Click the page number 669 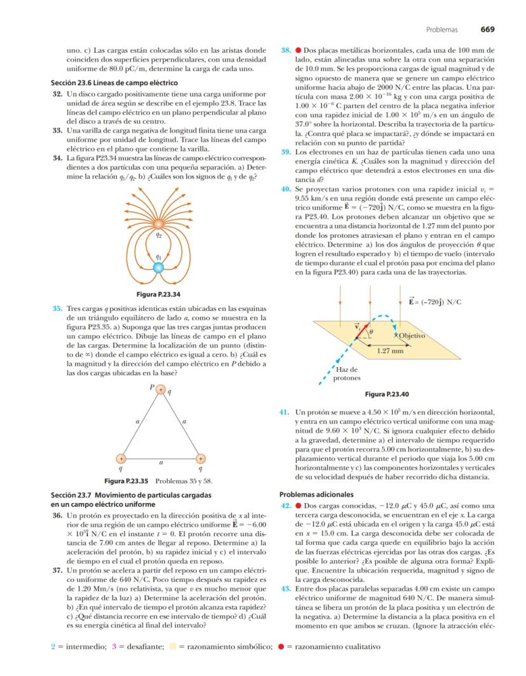(487, 29)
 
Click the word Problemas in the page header (442, 29)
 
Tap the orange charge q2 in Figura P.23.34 (159, 224)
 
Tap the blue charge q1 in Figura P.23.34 (159, 268)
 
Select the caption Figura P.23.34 (159, 294)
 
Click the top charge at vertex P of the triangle (161, 389)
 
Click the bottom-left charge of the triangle (121, 459)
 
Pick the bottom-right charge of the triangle (201, 459)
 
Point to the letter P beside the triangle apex (151, 386)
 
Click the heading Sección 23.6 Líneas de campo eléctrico (114, 83)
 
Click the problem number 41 (285, 412)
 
